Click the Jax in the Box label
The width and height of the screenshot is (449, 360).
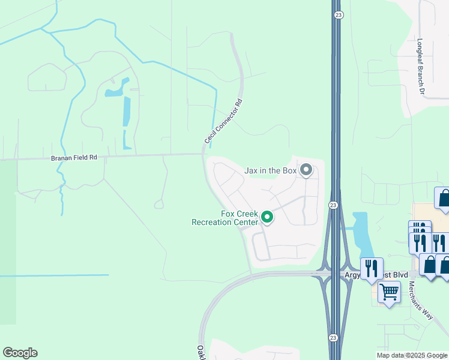(x=271, y=170)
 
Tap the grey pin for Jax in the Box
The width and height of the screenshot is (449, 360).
(x=306, y=170)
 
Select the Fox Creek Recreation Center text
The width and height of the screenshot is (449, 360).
(x=224, y=218)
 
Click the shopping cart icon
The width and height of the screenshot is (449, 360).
(x=390, y=292)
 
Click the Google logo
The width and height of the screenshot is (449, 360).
(x=20, y=353)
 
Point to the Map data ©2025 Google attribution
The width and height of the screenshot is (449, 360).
(x=412, y=355)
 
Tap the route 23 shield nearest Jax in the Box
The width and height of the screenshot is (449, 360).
(x=333, y=205)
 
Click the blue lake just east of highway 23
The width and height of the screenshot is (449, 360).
(x=361, y=234)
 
